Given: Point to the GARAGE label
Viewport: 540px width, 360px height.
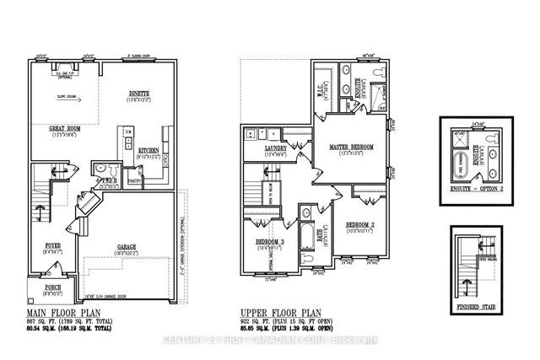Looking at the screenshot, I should [x=127, y=247].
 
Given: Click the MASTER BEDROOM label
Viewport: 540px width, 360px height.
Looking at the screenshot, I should [x=351, y=147].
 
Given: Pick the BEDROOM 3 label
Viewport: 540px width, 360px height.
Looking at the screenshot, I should [x=272, y=243].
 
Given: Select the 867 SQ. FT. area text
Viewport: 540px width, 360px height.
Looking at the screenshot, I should [x=61, y=323].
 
